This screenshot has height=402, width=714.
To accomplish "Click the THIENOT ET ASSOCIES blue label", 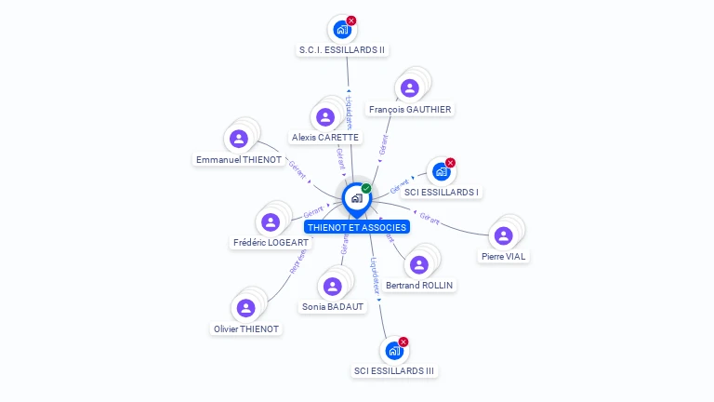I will coord(357,227).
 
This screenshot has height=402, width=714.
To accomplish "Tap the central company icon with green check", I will coord(356,198).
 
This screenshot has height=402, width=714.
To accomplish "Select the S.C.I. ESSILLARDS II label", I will coord(342,49).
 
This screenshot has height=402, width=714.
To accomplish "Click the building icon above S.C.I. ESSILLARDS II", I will coord(342,29).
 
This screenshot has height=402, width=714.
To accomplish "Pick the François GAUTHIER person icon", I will coord(409,88).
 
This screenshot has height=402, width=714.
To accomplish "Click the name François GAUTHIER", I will coord(410,109).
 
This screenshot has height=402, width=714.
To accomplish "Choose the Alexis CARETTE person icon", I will coord(324,116).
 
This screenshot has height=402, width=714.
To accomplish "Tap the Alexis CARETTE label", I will coord(324,137).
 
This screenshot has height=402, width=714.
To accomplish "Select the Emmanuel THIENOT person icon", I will coord(239,139).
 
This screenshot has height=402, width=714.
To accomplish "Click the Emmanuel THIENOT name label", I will coord(239,160).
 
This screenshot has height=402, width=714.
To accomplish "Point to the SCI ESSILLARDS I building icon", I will coord(442,172).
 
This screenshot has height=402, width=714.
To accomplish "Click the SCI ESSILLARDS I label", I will coord(443,193).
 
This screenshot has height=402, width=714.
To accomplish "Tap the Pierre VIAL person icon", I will coord(503,235).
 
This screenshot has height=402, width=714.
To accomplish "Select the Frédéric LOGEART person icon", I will coord(270,222).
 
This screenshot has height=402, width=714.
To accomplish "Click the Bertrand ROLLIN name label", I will coord(419,285).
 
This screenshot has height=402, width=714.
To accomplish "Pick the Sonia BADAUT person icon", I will coord(333,286).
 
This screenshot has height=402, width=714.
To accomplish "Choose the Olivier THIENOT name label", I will coord(245,328).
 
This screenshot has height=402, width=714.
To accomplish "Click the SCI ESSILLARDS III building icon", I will coord(393,351).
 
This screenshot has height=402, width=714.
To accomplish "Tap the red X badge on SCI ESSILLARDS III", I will coord(403,342).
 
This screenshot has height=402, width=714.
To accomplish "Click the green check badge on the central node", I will coord(366,188).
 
